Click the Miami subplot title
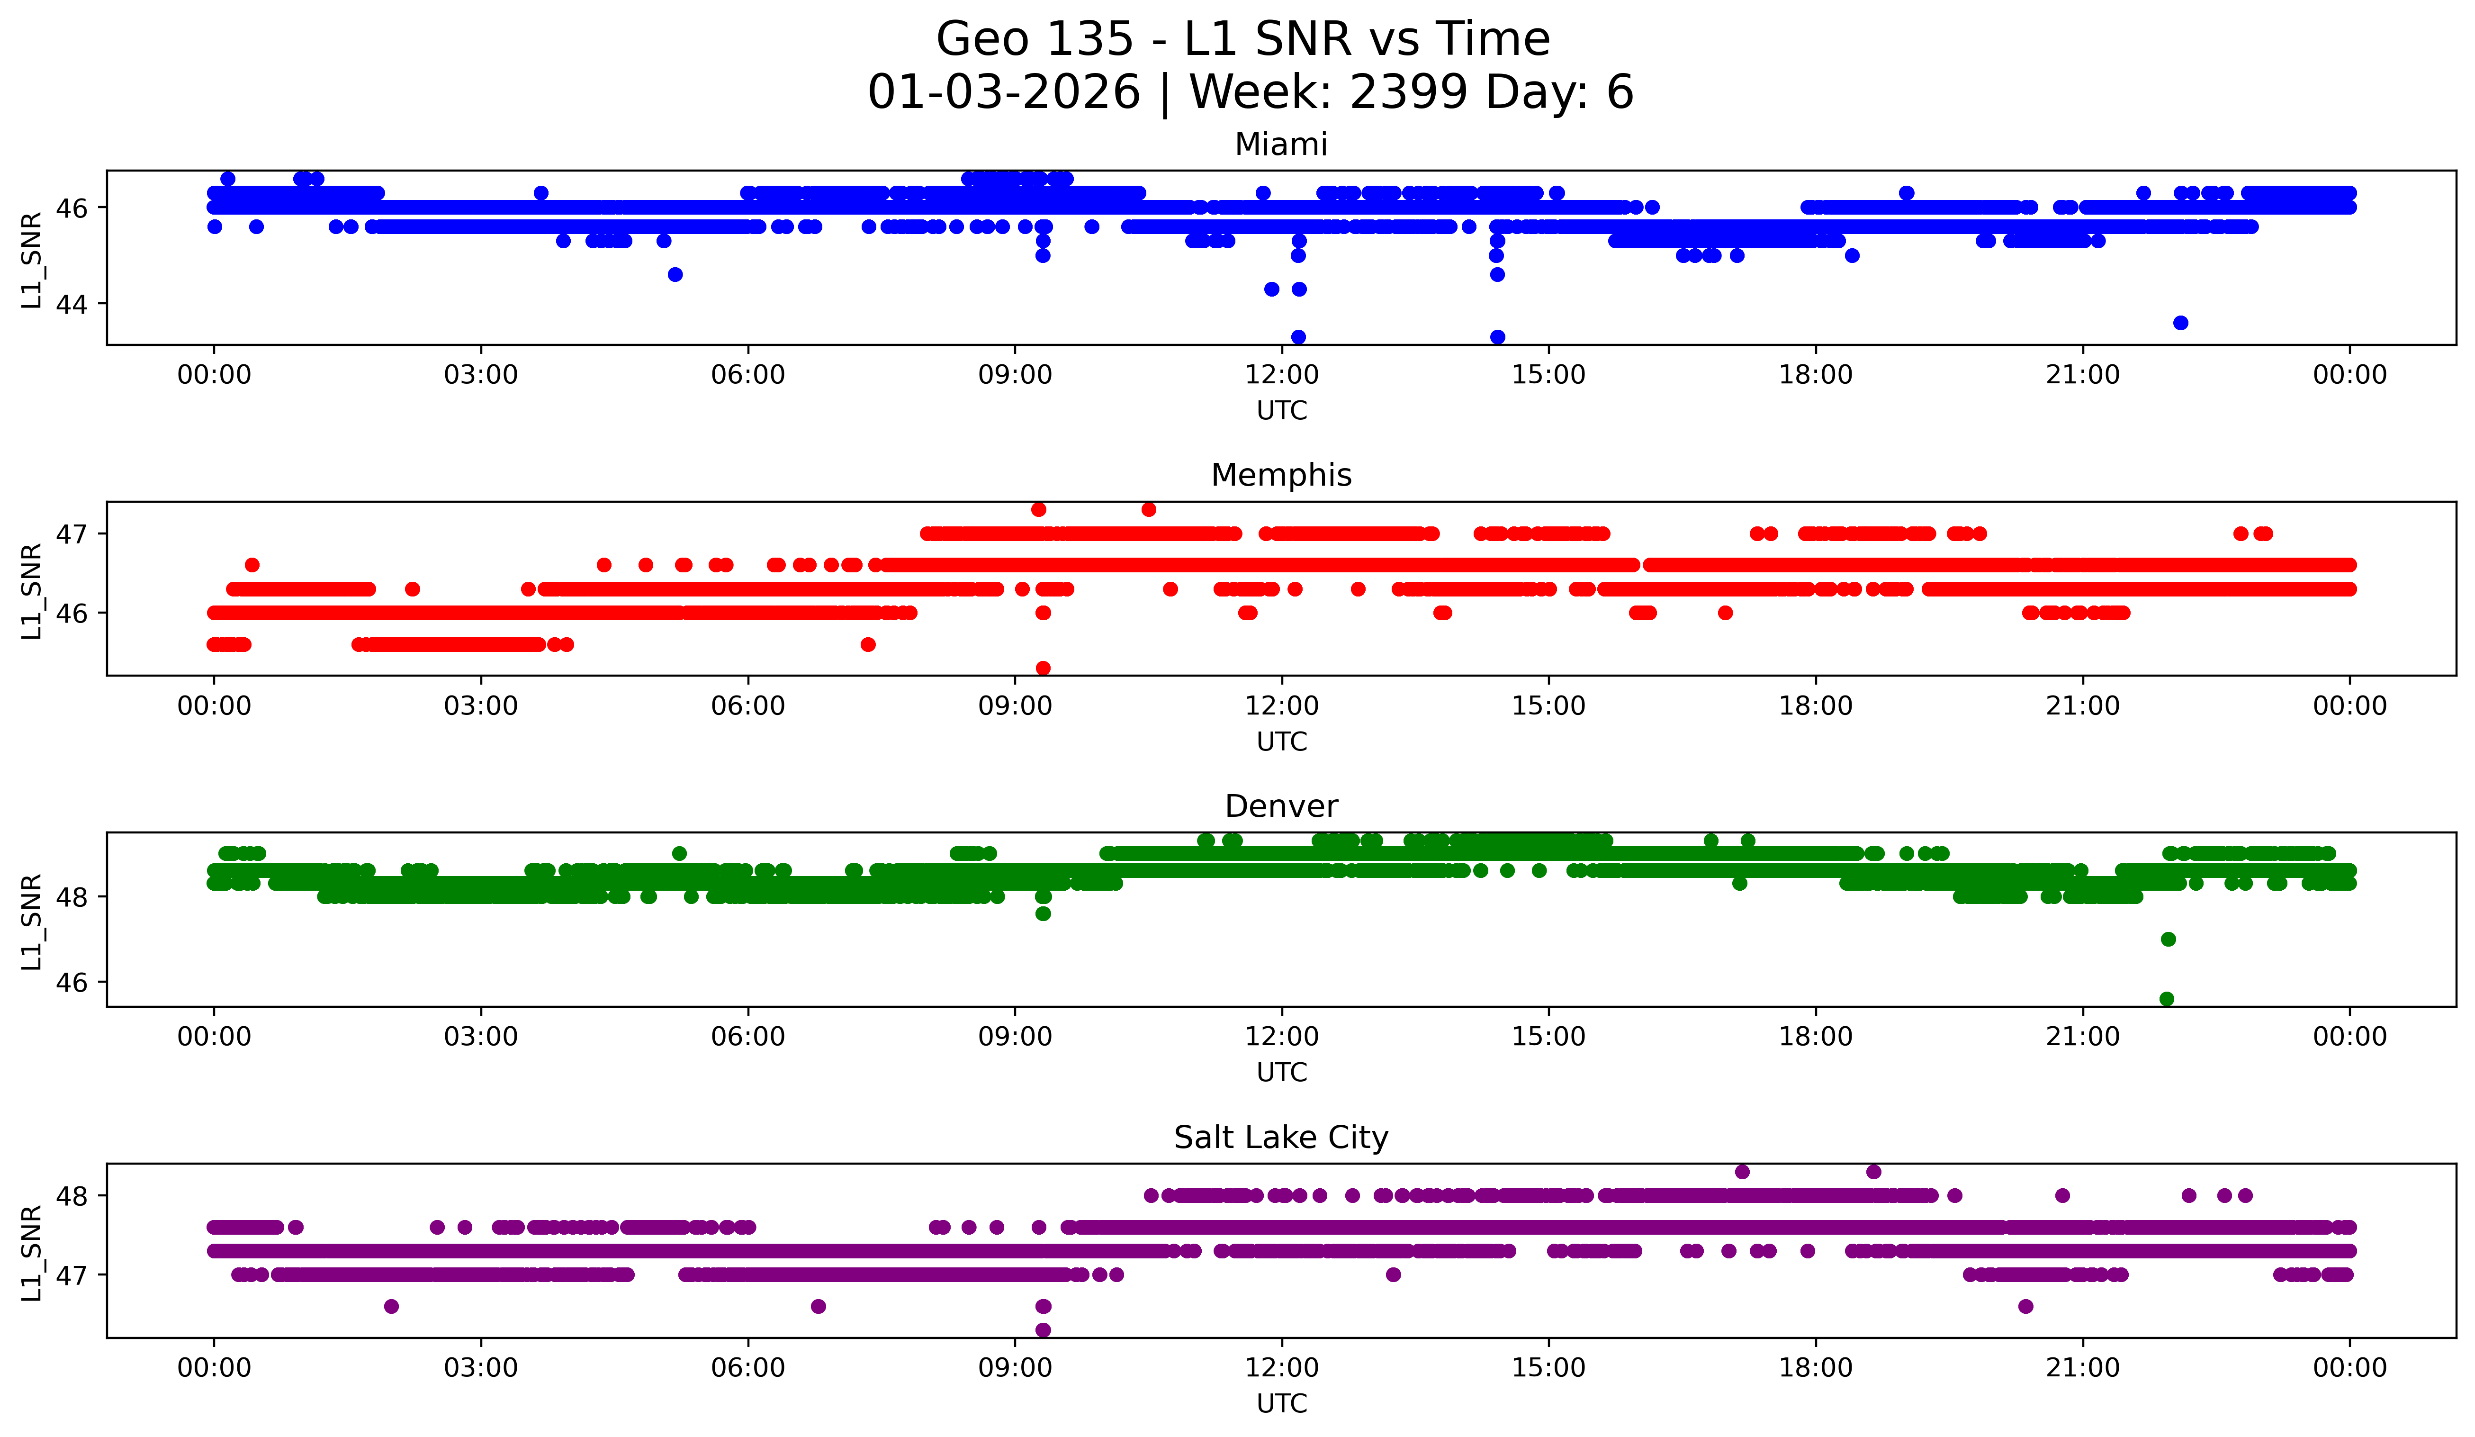tap(1281, 145)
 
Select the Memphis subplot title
tap(1281, 475)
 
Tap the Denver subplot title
tap(1281, 806)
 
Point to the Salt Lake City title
tap(1281, 1138)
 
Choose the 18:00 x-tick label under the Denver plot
tap(1815, 1036)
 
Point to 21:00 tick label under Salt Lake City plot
tap(2082, 1367)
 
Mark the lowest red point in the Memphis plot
tap(1043, 668)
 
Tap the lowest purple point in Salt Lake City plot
tap(1043, 1330)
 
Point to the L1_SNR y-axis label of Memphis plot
tap(31, 589)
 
